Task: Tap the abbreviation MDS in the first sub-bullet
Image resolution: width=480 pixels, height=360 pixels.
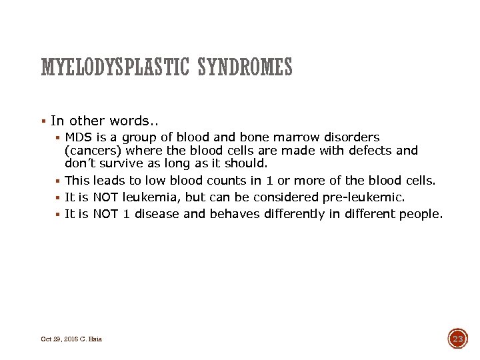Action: click(79, 137)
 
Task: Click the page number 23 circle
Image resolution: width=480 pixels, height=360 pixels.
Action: click(458, 339)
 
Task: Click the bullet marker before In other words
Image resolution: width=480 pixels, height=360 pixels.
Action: click(43, 121)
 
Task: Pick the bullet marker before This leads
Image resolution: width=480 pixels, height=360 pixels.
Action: click(59, 181)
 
